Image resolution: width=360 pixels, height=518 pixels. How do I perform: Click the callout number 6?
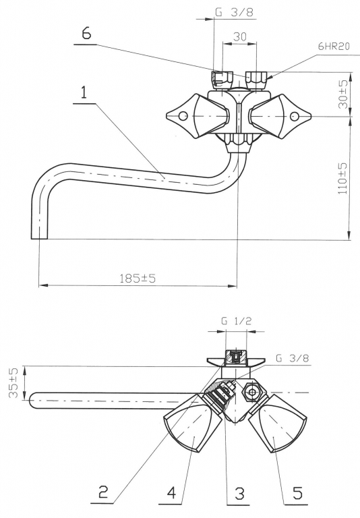coord(86,33)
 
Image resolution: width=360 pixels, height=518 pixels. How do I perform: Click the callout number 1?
coord(84,92)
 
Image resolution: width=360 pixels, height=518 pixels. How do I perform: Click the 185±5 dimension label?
coord(138,278)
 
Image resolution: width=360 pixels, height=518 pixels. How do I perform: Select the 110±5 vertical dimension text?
coord(343,178)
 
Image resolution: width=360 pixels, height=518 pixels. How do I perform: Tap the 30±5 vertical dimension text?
coord(343,94)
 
